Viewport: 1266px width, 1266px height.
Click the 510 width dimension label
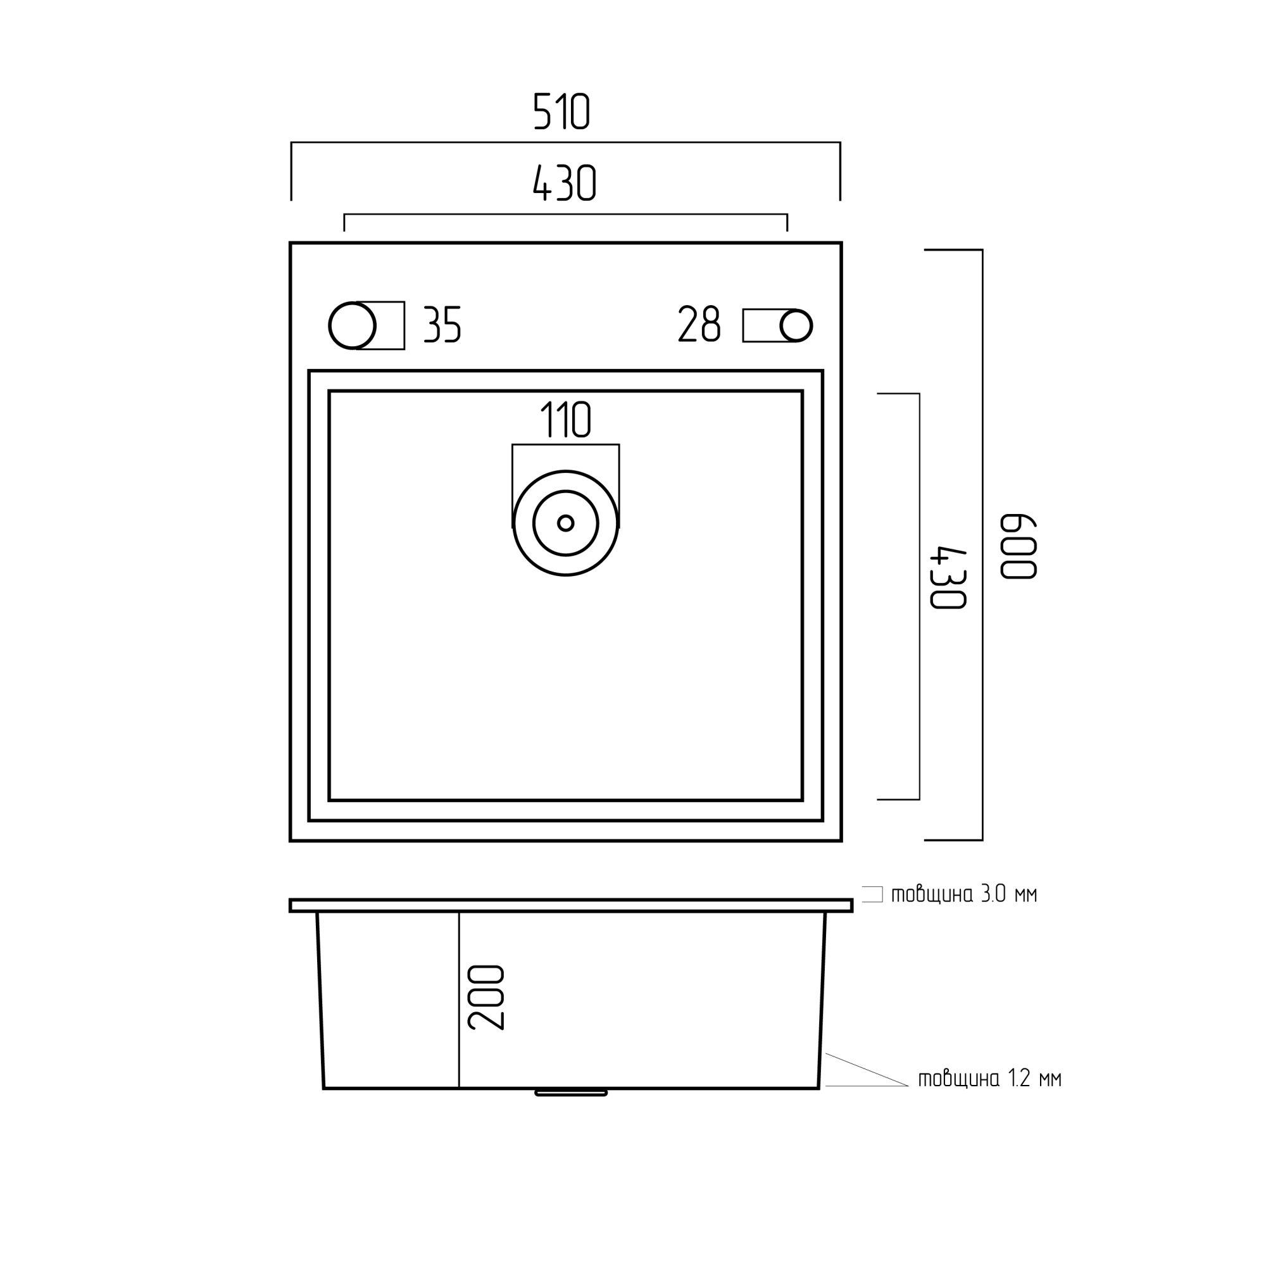click(x=561, y=112)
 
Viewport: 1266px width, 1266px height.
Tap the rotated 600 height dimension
click(x=1018, y=546)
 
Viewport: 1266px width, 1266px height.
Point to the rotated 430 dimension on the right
click(x=948, y=577)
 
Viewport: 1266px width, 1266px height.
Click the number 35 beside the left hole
click(x=442, y=324)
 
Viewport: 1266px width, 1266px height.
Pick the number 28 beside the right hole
click(x=699, y=324)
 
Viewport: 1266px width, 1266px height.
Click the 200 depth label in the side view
click(x=486, y=998)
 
